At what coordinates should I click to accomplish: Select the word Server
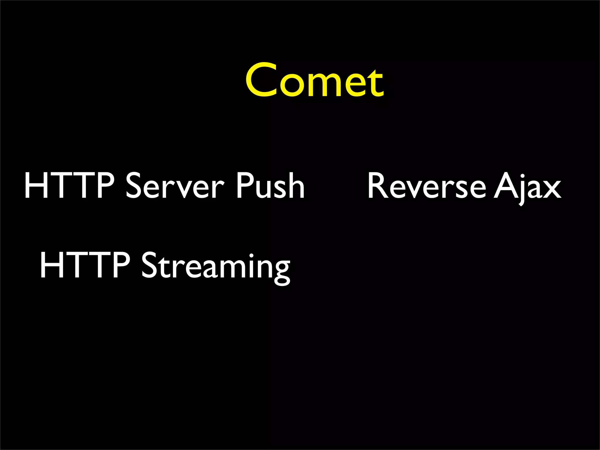click(x=175, y=186)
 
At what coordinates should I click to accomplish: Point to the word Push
click(x=270, y=186)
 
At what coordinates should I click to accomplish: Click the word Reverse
click(x=427, y=186)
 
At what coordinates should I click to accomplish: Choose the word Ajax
click(x=527, y=187)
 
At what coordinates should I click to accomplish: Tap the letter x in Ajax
click(x=551, y=189)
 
